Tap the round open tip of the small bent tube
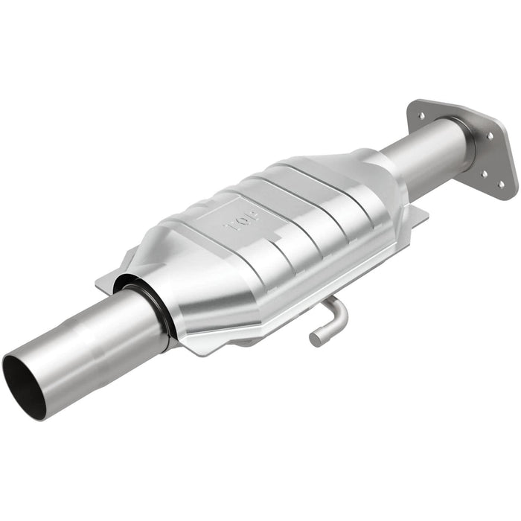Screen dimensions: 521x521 [x=315, y=339]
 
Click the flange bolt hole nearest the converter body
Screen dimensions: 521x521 [x=421, y=117]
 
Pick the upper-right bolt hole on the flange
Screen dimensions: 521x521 [x=490, y=135]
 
